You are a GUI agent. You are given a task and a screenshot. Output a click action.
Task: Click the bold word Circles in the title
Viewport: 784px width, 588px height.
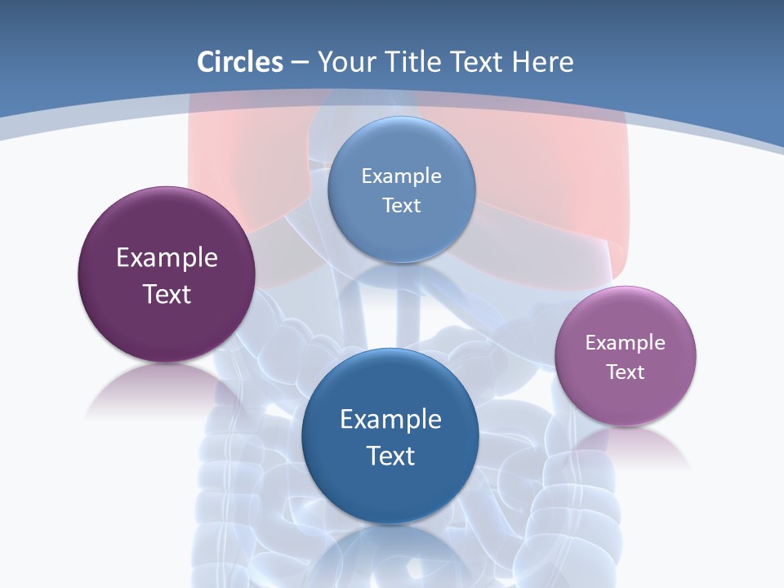(x=240, y=62)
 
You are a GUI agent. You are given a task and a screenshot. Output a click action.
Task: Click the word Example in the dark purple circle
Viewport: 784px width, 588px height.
(x=167, y=258)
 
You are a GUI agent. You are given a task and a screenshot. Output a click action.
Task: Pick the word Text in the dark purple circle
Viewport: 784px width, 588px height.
(x=167, y=294)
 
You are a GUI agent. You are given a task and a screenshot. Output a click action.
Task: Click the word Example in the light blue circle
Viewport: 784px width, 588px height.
(x=401, y=176)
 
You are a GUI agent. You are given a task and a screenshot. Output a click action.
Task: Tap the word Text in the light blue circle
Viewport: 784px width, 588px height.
(x=401, y=206)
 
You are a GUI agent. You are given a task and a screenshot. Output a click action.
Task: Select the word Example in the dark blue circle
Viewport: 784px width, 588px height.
(x=390, y=420)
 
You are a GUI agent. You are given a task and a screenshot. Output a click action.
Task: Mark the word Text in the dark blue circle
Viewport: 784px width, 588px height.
(x=390, y=456)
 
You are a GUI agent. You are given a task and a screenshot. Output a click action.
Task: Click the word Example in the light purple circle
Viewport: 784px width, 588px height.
(x=626, y=343)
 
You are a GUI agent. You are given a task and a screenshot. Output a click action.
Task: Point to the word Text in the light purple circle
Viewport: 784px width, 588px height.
(x=626, y=372)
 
